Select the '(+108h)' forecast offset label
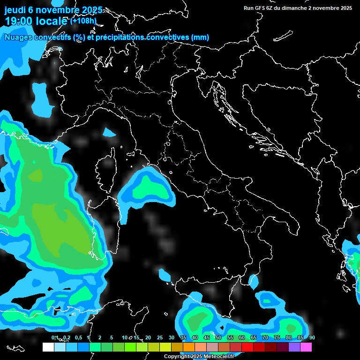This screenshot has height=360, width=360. pos(83,21)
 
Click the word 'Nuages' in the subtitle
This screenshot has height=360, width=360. pos(19,37)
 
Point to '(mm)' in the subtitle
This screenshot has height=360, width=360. pos(200,37)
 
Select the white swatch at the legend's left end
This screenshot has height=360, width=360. pos(48,347)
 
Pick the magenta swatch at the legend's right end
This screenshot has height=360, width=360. pos(306,347)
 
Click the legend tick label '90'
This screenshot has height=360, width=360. pos(312,338)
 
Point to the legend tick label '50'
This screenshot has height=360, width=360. pos(218,338)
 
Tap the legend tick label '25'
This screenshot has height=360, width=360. pos(160,338)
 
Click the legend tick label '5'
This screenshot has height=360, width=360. pos(112,338)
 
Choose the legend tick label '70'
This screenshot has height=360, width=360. pos(265,338)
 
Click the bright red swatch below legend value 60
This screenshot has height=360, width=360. pos(247,347)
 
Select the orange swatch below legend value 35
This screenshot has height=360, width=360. pos(189,347)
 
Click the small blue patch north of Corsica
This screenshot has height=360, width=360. pos(109,133)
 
